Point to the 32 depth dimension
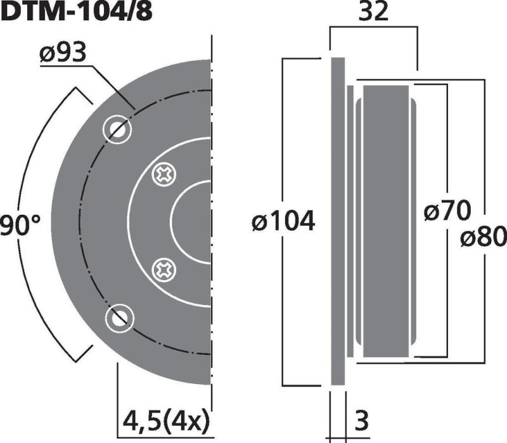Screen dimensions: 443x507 coord(373,13)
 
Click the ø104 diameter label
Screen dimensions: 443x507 coord(283,222)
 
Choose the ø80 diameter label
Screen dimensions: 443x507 coord(483,238)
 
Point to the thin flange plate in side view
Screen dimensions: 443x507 coord(338,222)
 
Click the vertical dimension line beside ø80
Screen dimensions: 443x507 coord(483,158)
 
